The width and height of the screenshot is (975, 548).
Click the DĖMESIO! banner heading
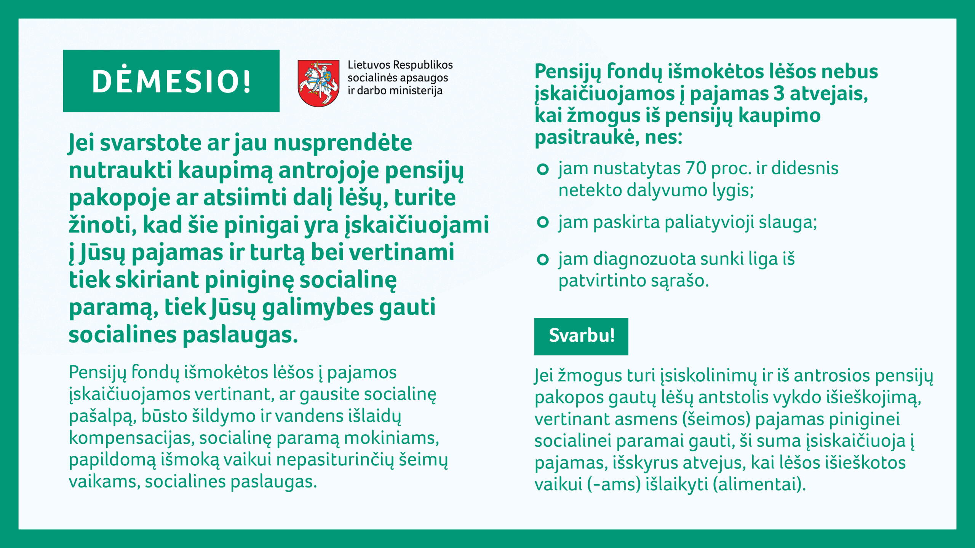click(x=172, y=81)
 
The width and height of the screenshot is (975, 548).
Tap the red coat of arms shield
click(x=318, y=83)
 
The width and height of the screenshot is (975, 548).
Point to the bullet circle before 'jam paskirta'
click(x=542, y=222)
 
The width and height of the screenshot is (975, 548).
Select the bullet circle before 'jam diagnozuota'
click(x=542, y=260)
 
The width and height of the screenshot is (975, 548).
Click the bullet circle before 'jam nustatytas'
click(x=542, y=169)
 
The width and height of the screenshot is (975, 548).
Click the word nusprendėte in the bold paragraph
click(x=343, y=143)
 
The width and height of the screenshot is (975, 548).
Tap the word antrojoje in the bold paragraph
click(x=328, y=170)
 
